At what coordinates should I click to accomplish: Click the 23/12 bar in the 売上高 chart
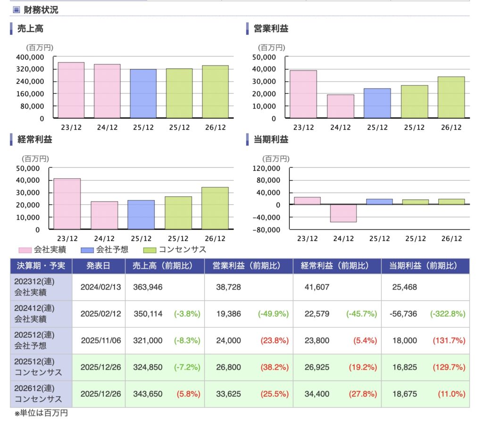pyautogui.click(x=71, y=90)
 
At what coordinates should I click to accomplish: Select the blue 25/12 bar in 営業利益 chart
pyautogui.click(x=377, y=103)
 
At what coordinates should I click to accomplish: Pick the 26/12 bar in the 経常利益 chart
pyautogui.click(x=215, y=208)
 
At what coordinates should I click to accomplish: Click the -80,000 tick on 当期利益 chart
pyautogui.click(x=267, y=230)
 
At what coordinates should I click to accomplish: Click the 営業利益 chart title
pyautogui.click(x=271, y=29)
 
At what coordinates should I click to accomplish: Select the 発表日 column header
pyautogui.click(x=99, y=266)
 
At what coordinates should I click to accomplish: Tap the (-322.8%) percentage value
pyautogui.click(x=448, y=314)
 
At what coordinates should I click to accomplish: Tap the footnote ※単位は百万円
pyautogui.click(x=41, y=414)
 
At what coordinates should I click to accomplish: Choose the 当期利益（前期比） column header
pyautogui.click(x=423, y=266)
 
